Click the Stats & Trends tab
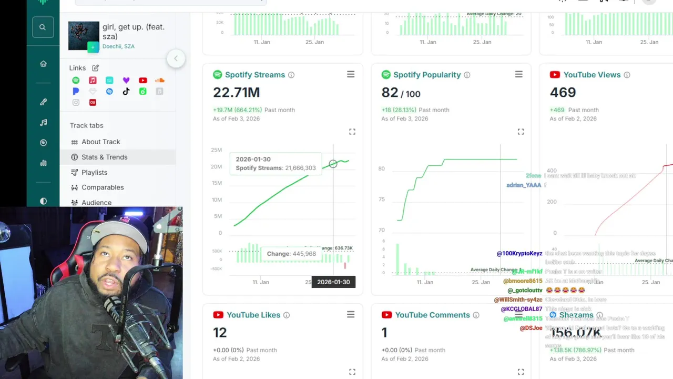coord(104,157)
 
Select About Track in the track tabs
coord(100,142)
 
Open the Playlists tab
coord(94,172)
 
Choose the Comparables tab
coord(103,187)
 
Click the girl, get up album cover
coord(84,36)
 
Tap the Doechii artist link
coord(111,46)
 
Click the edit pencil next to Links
coord(96,68)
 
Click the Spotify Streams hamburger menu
coord(351,75)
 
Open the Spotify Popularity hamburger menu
coord(519,75)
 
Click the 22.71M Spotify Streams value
coord(236,93)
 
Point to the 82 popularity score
coord(390,93)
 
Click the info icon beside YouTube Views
coord(627,75)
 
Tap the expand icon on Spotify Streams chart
coord(352,132)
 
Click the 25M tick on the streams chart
coord(216,150)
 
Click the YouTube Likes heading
coord(253,315)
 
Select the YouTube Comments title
coord(432,315)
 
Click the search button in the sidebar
coord(43,27)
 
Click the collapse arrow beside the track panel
coord(176,58)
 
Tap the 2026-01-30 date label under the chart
coord(333,282)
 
